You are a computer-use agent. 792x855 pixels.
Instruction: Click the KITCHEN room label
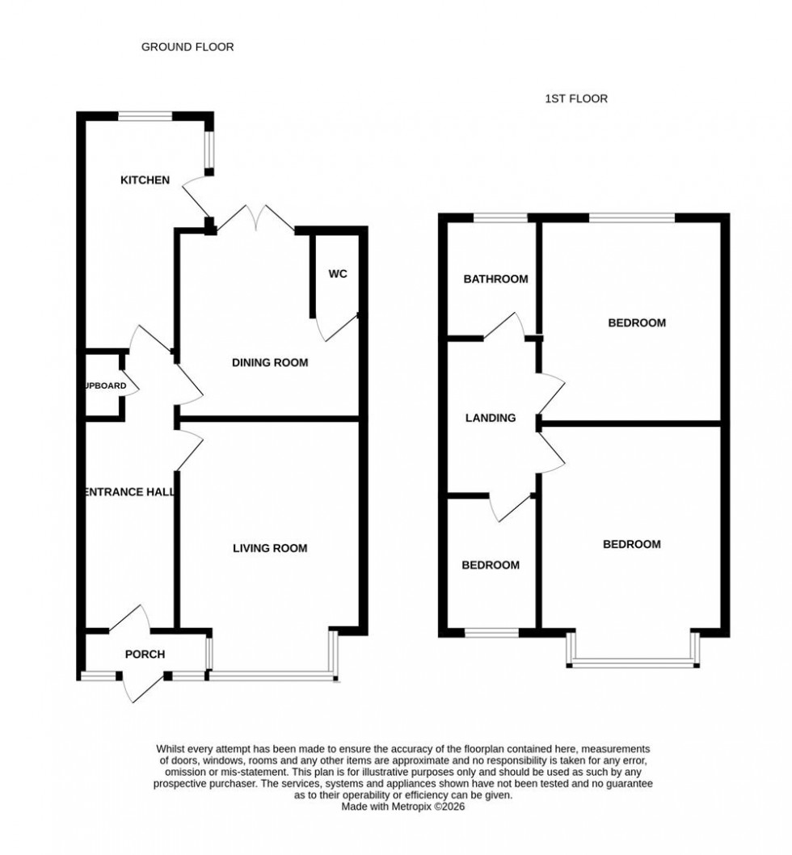coord(145,179)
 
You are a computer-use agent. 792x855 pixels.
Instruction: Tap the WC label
coord(338,274)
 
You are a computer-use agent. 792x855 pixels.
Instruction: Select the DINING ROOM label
coord(270,363)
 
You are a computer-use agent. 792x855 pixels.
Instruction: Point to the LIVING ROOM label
coord(270,549)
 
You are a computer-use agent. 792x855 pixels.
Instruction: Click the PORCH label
coord(145,655)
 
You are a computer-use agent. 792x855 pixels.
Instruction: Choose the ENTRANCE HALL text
coord(129,492)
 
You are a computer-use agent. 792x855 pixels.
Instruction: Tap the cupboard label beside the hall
coord(106,386)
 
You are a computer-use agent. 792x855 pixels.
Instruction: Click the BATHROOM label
coord(495,280)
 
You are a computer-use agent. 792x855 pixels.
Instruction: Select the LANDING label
coord(491,419)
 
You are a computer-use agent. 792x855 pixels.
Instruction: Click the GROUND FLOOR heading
coord(187,47)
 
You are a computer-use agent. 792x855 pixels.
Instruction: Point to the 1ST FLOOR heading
coord(576,99)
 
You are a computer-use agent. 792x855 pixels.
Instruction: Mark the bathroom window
coord(500,217)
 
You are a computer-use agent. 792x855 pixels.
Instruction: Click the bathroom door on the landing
coord(506,325)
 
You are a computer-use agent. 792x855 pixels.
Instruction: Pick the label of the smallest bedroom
coord(491,566)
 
